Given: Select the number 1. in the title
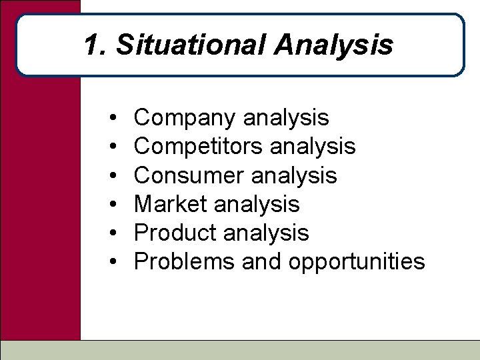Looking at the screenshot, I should (96, 45).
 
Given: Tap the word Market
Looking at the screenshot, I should (170, 204).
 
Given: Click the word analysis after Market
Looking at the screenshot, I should (257, 204).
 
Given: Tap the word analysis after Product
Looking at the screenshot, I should (266, 233).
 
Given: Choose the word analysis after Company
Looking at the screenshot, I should (286, 119).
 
